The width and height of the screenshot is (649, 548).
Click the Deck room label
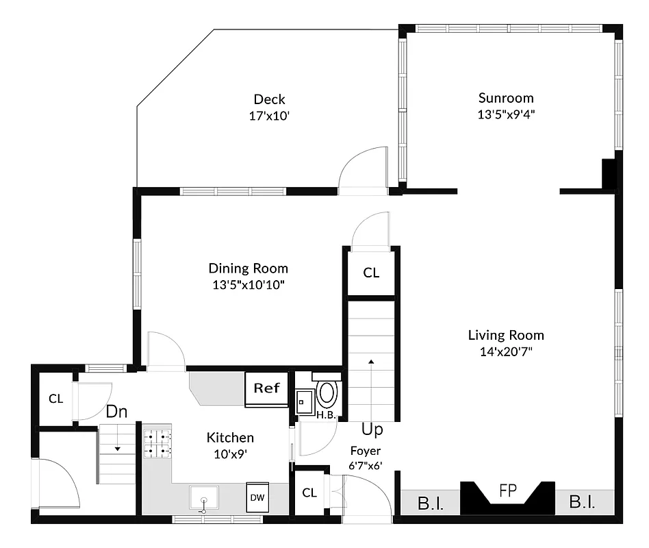[269, 99]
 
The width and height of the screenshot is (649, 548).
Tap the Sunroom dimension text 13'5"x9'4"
[505, 114]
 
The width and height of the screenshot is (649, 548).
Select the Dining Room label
[248, 269]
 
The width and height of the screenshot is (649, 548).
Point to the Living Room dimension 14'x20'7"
[505, 351]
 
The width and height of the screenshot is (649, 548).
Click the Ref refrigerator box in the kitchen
[267, 388]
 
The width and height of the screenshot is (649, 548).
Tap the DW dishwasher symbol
[257, 497]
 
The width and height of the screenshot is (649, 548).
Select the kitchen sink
[203, 499]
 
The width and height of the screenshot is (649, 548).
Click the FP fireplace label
[507, 491]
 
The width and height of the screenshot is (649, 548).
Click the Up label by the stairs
[372, 430]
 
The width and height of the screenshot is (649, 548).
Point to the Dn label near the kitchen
[116, 412]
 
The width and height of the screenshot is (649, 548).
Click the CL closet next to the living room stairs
[371, 273]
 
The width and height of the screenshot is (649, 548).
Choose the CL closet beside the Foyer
[309, 493]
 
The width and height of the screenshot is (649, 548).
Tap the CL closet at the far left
[55, 399]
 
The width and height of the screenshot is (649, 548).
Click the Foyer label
[365, 451]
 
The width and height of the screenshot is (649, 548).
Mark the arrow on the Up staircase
[371, 361]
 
